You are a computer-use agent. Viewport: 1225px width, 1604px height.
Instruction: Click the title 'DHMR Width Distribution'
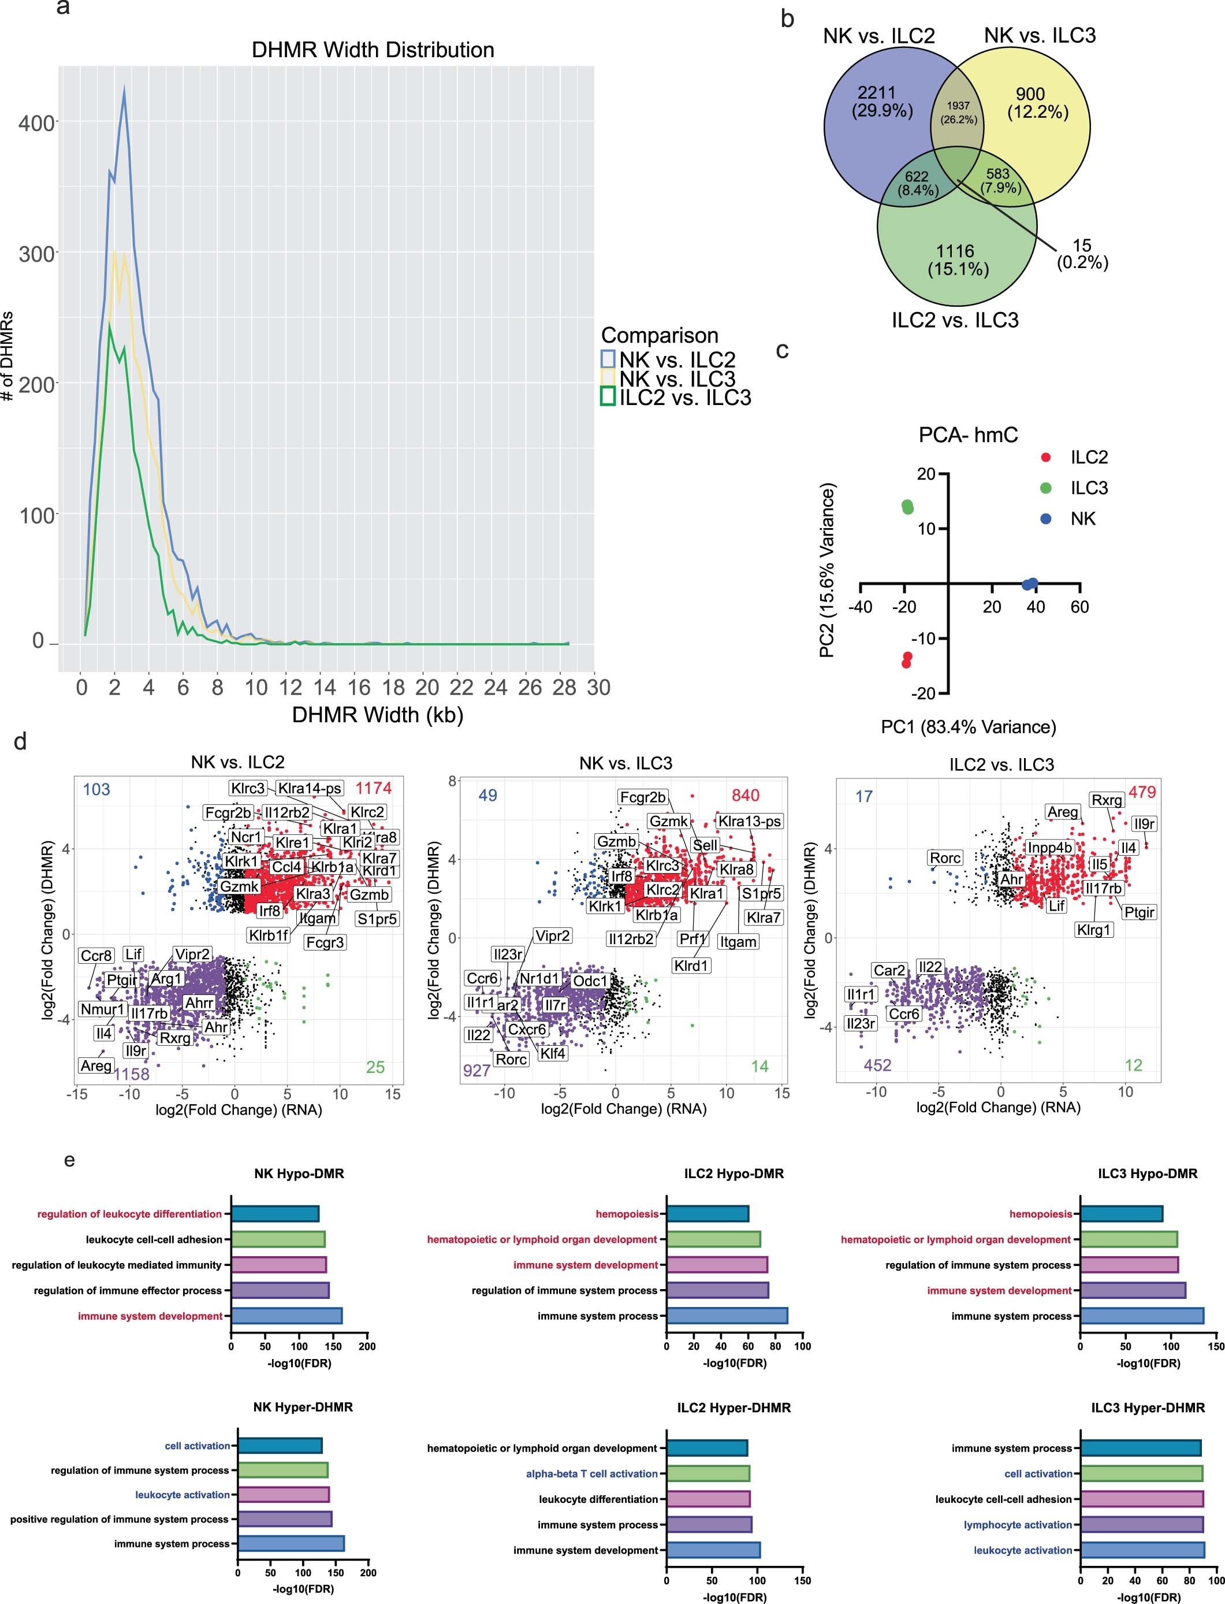click(373, 50)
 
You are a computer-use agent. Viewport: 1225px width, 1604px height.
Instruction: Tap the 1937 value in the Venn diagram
click(958, 106)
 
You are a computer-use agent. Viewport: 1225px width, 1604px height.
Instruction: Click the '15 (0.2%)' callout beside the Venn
click(1082, 254)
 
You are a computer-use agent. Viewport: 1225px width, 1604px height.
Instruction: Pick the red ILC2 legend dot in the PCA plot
click(1047, 458)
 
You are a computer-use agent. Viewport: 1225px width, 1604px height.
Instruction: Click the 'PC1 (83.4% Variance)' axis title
click(969, 726)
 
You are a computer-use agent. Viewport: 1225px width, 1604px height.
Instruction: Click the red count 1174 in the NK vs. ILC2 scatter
click(373, 788)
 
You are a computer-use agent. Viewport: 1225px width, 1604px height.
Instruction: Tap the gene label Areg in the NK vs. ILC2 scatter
click(96, 1065)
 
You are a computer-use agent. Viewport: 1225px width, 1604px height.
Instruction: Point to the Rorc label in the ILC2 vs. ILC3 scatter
click(945, 858)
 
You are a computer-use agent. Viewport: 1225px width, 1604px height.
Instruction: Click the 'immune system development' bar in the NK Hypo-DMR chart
click(286, 1316)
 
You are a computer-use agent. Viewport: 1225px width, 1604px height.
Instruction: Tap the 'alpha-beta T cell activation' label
click(591, 1473)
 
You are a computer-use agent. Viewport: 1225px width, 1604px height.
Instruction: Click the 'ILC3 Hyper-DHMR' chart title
click(1147, 1407)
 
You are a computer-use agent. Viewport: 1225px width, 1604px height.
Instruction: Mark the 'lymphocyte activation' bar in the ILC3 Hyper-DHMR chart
click(1141, 1524)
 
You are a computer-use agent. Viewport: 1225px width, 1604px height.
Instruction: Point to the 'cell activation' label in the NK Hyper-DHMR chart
click(197, 1446)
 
